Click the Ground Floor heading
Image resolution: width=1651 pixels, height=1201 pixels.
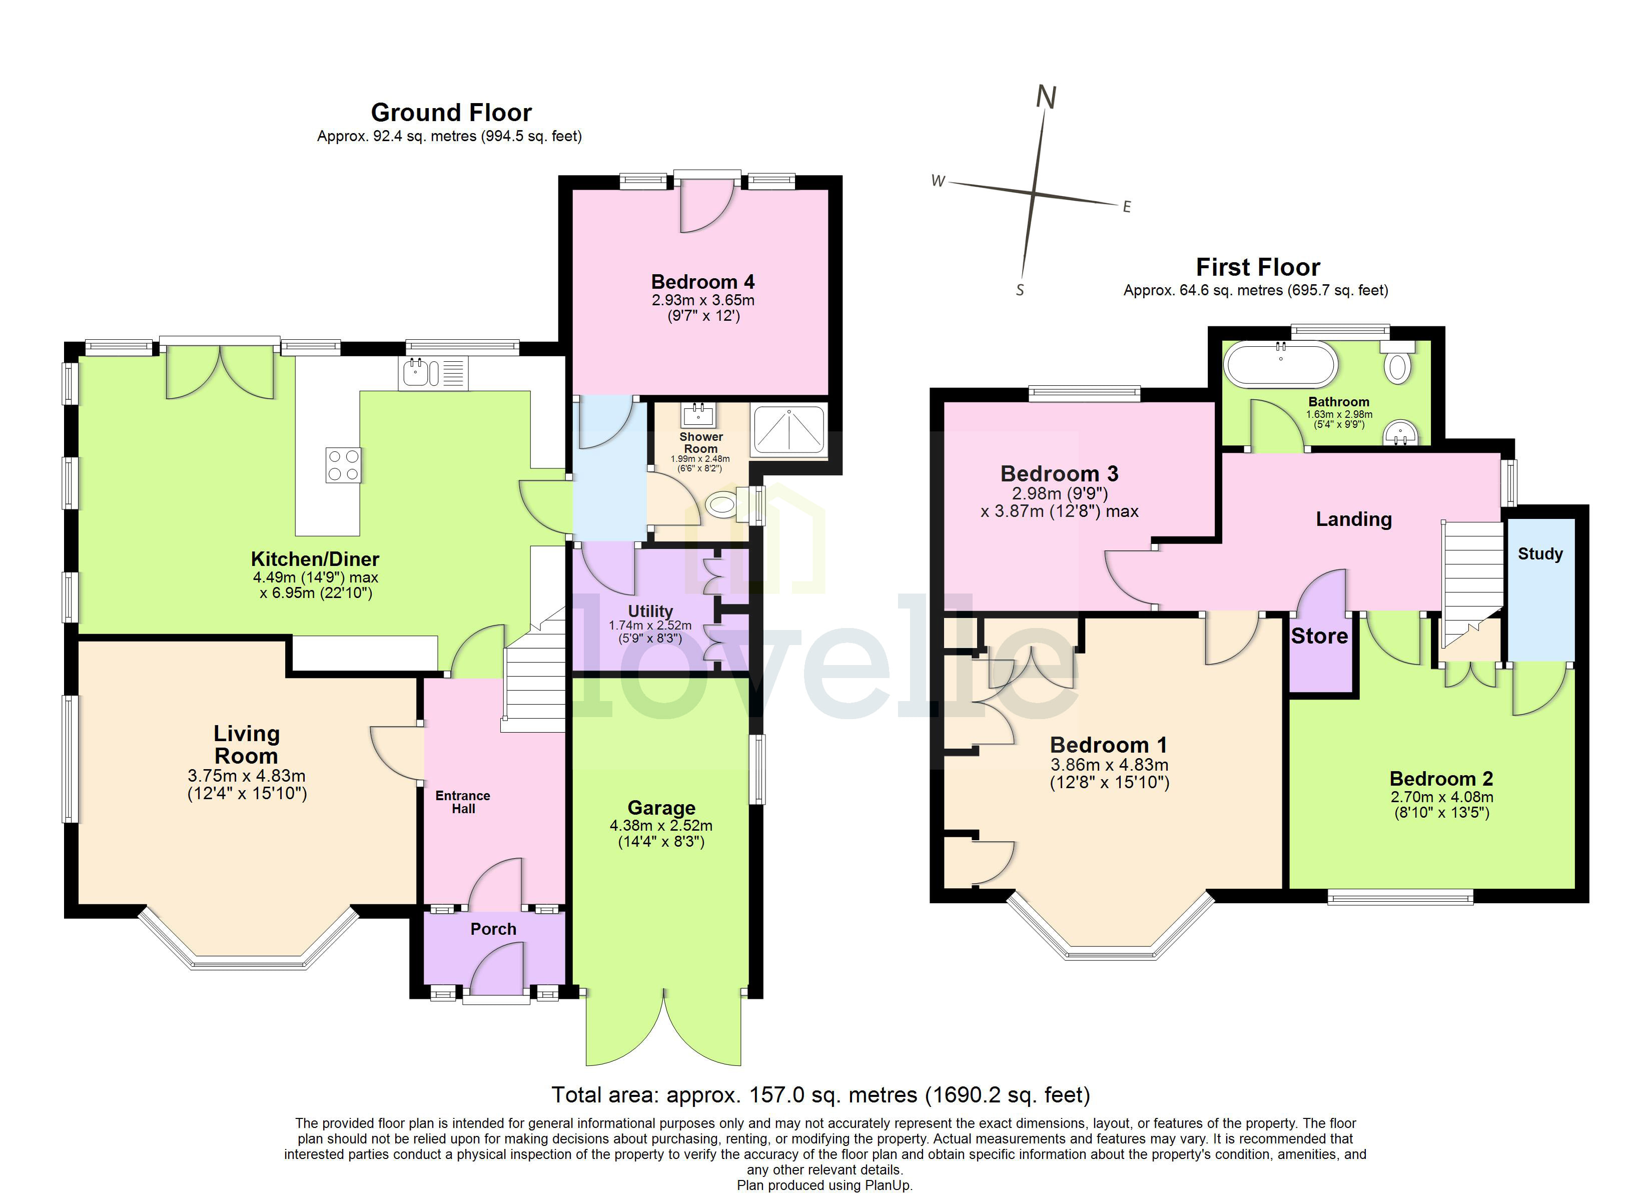click(451, 113)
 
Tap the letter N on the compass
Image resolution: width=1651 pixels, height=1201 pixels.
click(1046, 97)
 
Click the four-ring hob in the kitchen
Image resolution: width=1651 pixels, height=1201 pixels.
click(343, 465)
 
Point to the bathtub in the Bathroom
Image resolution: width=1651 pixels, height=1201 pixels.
click(1280, 364)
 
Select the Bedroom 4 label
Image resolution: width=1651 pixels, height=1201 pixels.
click(702, 282)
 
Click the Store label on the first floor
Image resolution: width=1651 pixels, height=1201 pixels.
click(1319, 637)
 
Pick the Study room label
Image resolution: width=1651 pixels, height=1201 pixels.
click(1539, 553)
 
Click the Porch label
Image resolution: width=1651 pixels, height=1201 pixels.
click(493, 929)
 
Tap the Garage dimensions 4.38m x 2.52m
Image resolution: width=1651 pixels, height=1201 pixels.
click(661, 825)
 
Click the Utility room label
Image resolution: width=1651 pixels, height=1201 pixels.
click(650, 611)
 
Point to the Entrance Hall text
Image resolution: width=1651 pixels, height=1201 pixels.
click(462, 802)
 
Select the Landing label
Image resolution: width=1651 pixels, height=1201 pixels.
click(1353, 519)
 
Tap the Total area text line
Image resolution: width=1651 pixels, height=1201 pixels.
click(820, 1095)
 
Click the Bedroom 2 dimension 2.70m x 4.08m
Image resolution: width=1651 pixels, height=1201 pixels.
click(1441, 797)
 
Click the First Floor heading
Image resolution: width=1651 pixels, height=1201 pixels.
click(1257, 267)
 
